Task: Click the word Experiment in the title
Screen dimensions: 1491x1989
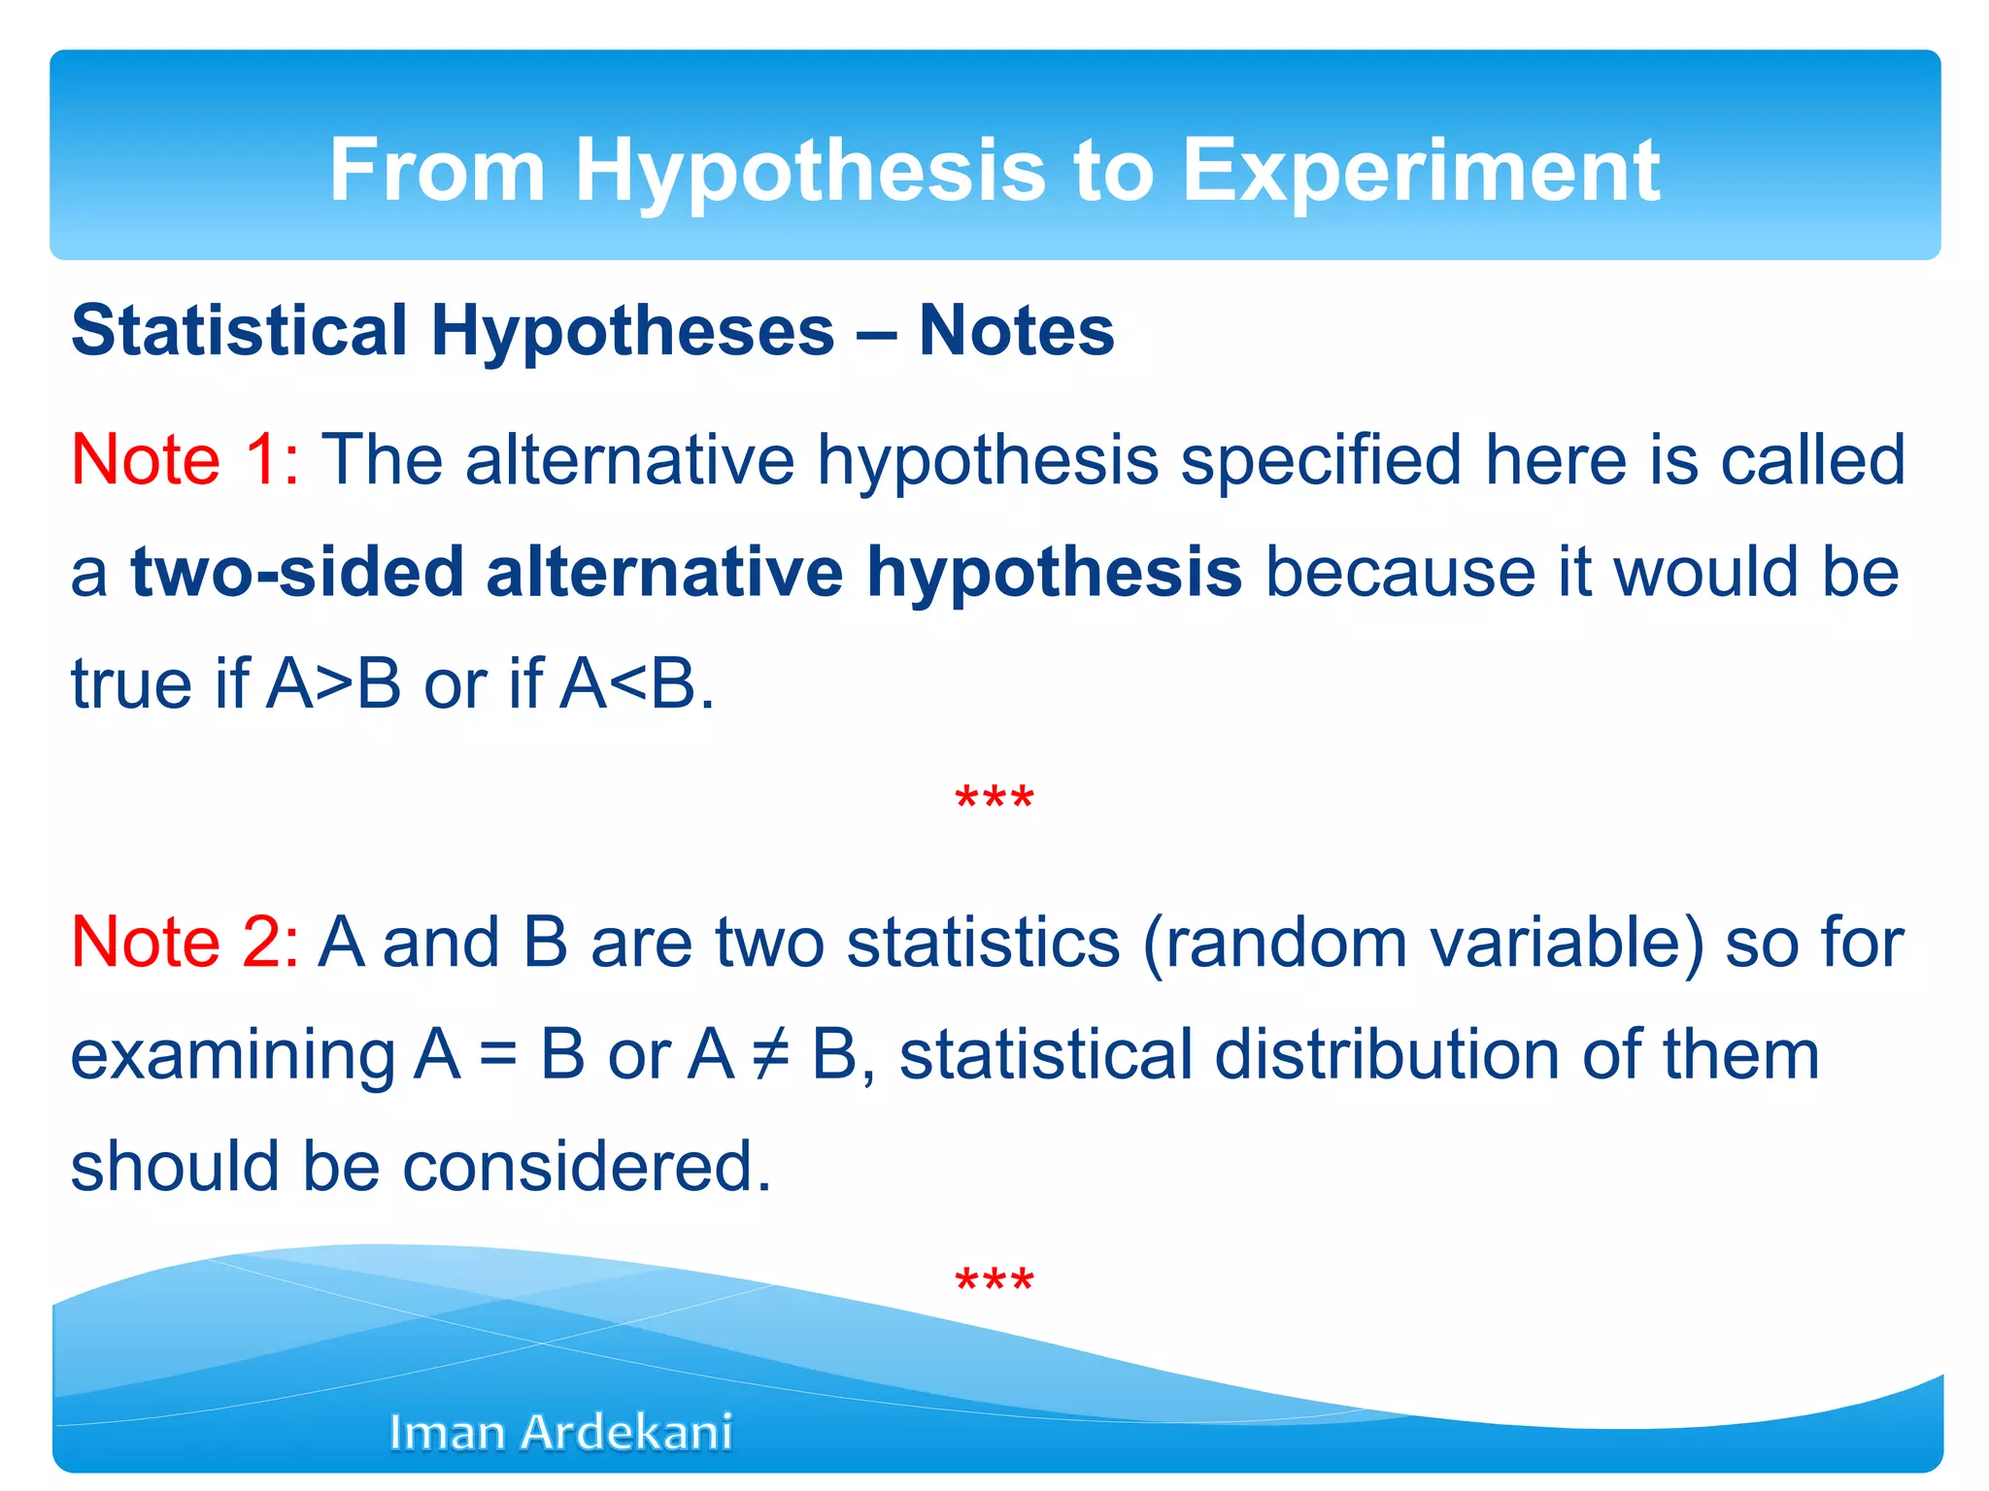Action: pyautogui.click(x=1420, y=171)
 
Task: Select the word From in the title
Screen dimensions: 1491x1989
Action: pyautogui.click(x=437, y=171)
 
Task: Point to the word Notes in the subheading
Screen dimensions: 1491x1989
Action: pyautogui.click(x=1016, y=330)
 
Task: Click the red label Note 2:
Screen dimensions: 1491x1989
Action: pyautogui.click(x=185, y=942)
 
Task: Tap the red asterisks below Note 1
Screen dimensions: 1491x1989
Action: pyautogui.click(x=994, y=800)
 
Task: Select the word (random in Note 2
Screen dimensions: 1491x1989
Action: pyautogui.click(x=1274, y=942)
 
